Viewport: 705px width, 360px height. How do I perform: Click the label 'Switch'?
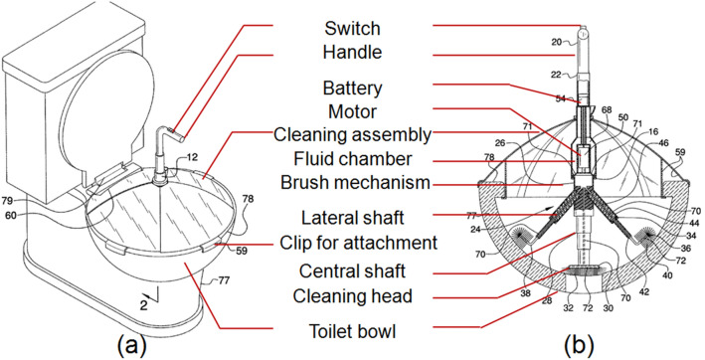pos(352,28)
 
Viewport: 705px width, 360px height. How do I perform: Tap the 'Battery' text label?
pos(352,89)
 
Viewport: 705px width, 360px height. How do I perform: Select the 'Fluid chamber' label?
pos(352,159)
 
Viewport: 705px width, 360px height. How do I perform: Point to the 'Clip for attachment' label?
pos(358,243)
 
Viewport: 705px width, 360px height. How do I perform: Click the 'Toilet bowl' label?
pos(352,332)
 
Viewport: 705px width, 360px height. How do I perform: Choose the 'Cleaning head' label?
pos(352,296)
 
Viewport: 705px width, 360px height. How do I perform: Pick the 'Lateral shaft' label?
pos(352,218)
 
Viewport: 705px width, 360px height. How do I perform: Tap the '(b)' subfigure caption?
pos(579,346)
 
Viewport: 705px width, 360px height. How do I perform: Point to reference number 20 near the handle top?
pos(556,42)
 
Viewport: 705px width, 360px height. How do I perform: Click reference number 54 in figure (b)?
pos(560,98)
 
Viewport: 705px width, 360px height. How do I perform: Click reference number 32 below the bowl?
pos(568,309)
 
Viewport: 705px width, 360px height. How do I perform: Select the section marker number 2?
pos(143,304)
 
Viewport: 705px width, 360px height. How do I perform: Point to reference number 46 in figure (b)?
pos(664,143)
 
